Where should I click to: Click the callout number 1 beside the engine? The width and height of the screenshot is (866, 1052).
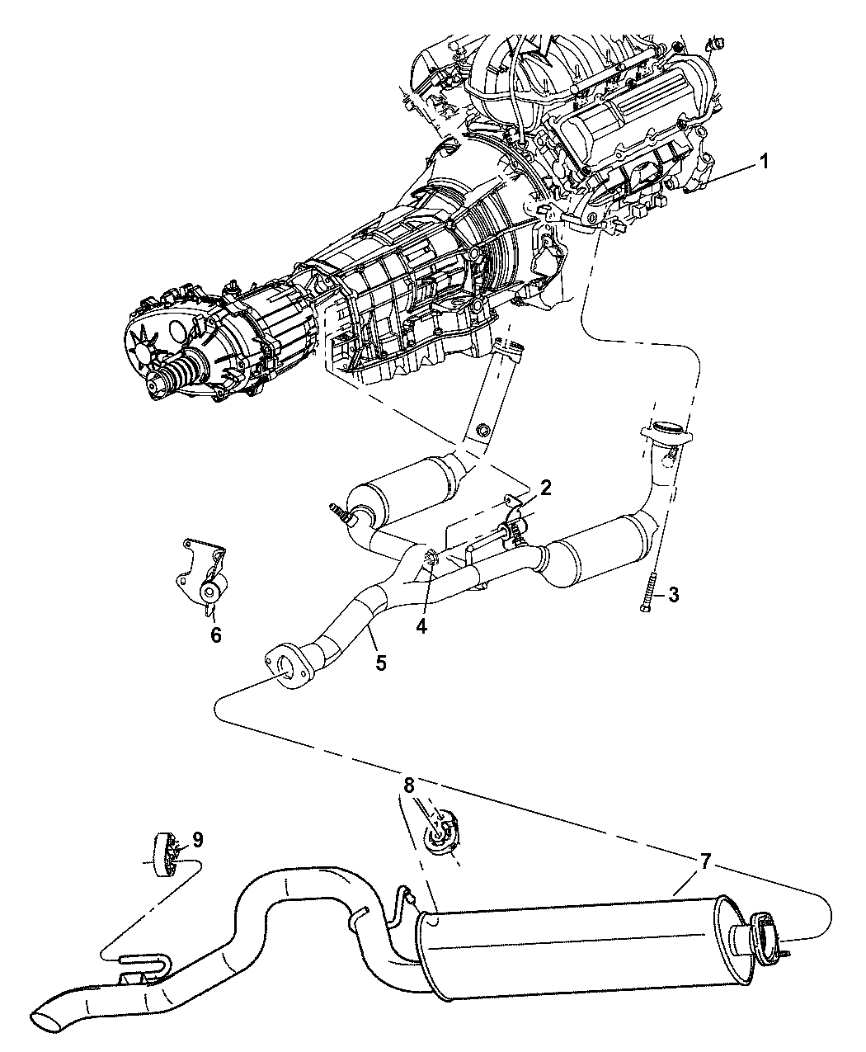[764, 162]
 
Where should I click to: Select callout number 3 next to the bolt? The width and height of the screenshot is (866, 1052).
[674, 595]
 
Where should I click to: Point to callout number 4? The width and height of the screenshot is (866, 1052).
[421, 626]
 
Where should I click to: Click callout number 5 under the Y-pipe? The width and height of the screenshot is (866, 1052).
[381, 663]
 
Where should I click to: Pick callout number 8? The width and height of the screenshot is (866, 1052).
[408, 785]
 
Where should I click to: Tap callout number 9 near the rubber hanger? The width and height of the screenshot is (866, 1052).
[197, 839]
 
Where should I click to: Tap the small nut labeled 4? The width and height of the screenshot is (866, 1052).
[431, 558]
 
